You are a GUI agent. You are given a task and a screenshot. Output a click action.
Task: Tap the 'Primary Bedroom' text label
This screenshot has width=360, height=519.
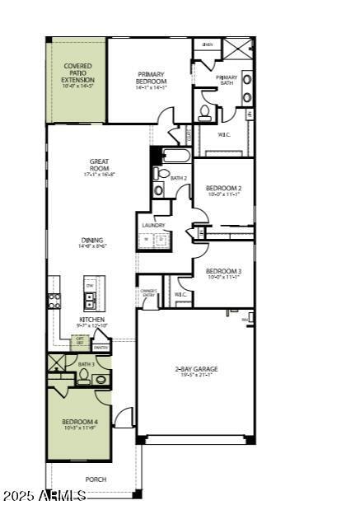click(152, 77)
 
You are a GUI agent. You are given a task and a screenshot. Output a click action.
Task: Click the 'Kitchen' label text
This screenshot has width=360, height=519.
click(91, 321)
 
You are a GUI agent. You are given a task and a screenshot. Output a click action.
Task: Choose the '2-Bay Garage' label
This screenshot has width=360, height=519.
click(195, 370)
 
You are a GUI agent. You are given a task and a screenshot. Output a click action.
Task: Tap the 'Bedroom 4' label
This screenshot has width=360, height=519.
click(79, 423)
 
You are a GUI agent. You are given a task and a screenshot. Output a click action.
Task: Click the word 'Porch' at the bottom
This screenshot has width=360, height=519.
click(96, 479)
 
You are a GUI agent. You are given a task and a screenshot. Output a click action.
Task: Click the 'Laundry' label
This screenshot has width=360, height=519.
click(153, 225)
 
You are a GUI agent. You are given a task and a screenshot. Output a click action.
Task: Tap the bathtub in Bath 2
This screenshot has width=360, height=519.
click(176, 155)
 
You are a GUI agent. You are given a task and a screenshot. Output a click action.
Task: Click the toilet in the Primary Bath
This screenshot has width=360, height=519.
click(205, 112)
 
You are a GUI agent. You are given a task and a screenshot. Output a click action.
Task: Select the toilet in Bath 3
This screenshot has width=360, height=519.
click(83, 377)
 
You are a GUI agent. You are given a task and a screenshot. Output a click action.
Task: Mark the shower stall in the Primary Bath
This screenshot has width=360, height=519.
click(238, 47)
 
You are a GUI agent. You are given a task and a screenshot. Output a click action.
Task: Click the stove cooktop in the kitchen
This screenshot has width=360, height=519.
click(54, 301)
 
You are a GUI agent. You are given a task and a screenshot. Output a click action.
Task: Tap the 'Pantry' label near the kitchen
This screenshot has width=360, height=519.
click(101, 348)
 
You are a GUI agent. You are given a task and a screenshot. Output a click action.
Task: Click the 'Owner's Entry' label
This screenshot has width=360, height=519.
click(148, 292)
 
